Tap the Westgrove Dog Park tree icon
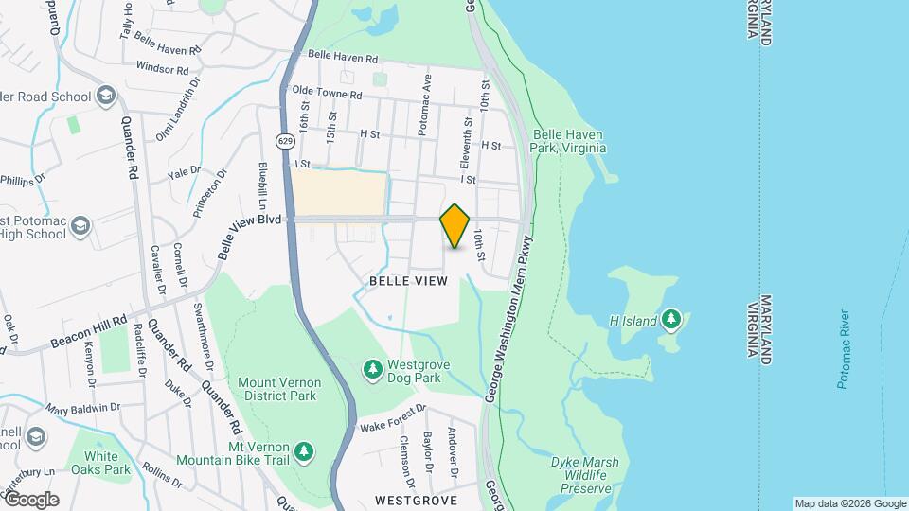pyautogui.click(x=373, y=366)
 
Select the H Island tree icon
pyautogui.click(x=671, y=319)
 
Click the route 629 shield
pyautogui.click(x=284, y=141)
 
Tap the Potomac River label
pyautogui.click(x=846, y=350)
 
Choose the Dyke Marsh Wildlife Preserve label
pyautogui.click(x=586, y=475)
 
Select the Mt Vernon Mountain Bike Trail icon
pyautogui.click(x=304, y=451)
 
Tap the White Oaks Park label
pyautogui.click(x=104, y=461)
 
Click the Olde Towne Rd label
pyautogui.click(x=328, y=94)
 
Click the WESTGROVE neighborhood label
pyautogui.click(x=416, y=500)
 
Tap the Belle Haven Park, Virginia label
pyautogui.click(x=569, y=141)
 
